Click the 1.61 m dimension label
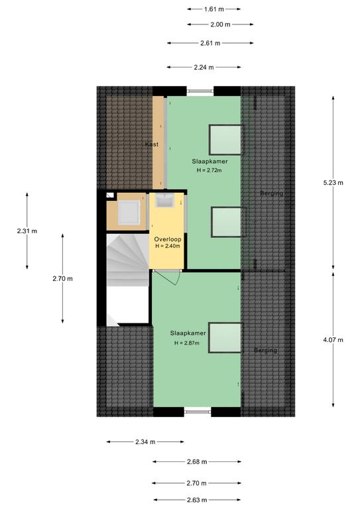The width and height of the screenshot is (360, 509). (214, 9)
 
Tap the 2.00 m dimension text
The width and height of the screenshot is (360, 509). (220, 25)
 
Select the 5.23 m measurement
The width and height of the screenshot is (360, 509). (333, 183)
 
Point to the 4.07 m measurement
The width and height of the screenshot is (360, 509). (333, 340)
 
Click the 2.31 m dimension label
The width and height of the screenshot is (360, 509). (27, 231)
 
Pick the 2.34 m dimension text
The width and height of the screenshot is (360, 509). (145, 442)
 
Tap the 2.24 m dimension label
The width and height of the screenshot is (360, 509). (204, 68)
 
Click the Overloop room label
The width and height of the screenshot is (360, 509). (168, 239)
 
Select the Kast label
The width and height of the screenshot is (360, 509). (152, 144)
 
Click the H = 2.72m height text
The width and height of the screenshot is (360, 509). (210, 170)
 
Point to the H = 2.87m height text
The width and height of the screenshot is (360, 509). (187, 343)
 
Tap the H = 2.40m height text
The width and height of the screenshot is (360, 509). (168, 246)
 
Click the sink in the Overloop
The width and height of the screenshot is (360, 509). (164, 200)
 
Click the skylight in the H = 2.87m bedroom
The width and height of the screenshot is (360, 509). (225, 338)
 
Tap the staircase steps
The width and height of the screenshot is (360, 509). (127, 260)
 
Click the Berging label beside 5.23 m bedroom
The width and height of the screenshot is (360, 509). (272, 194)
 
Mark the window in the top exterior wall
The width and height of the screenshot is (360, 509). (200, 91)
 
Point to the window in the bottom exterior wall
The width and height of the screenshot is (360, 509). (198, 412)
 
